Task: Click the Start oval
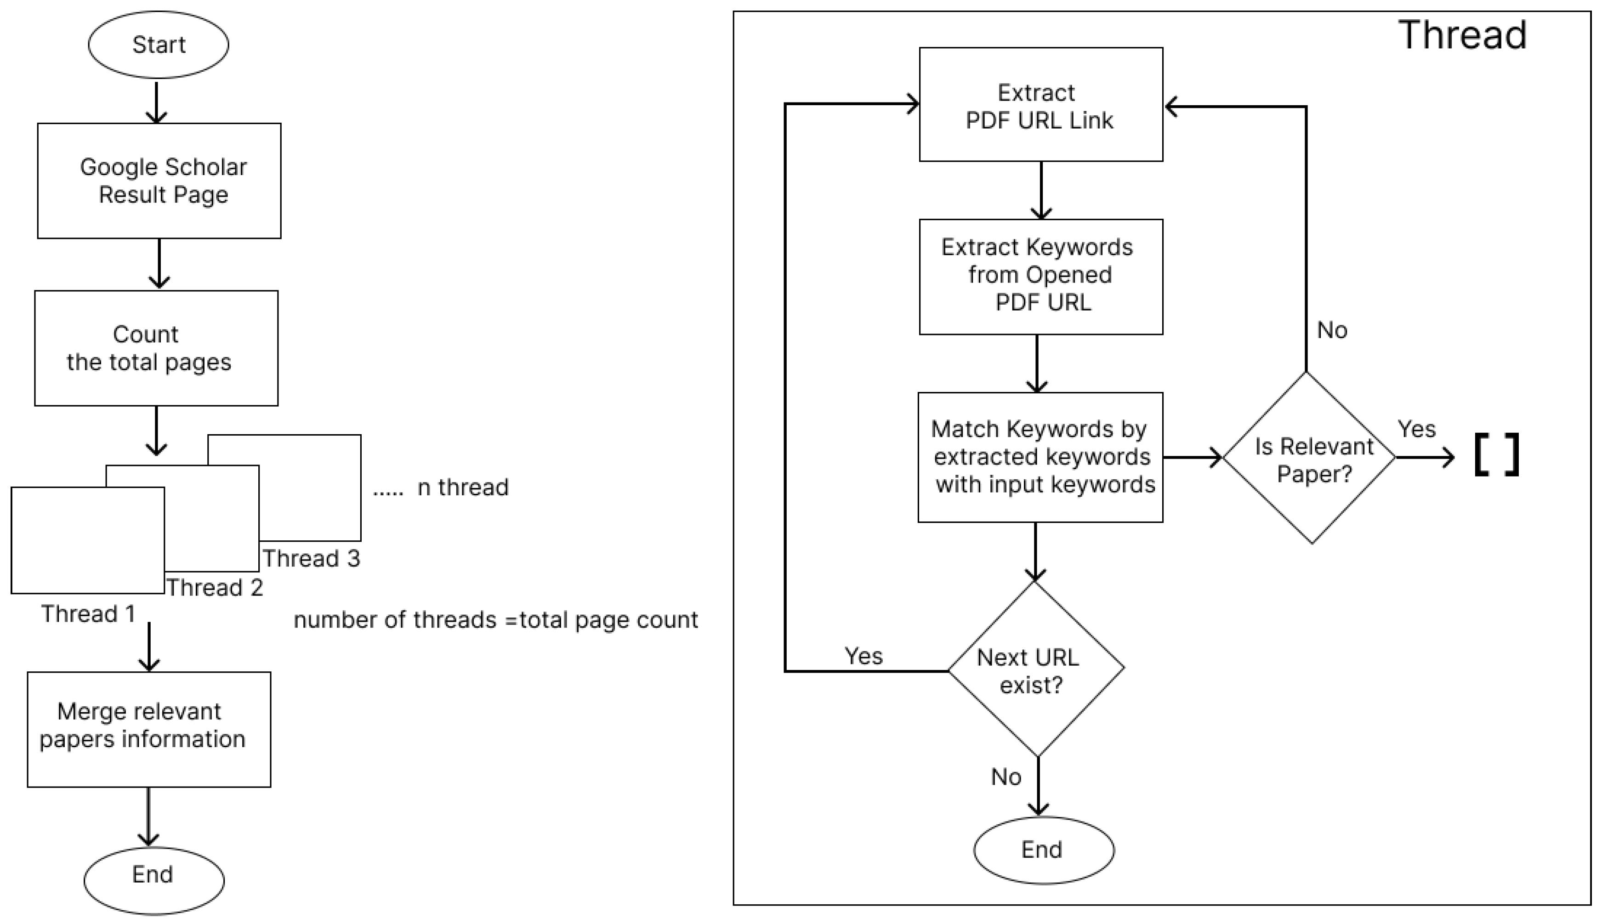click(158, 45)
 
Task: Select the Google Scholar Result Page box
click(159, 181)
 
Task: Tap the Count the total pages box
click(156, 348)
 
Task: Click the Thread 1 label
click(88, 614)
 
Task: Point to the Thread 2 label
click(215, 587)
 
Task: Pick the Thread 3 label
click(311, 558)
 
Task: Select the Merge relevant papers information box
click(148, 729)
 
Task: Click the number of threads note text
click(495, 619)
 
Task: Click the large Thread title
click(1462, 34)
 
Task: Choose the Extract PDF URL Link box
click(1041, 105)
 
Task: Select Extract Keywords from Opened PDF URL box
click(1041, 277)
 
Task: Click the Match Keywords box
click(1040, 457)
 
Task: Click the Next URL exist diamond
click(1036, 669)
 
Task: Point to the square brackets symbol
click(1497, 455)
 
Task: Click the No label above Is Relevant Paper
click(1332, 330)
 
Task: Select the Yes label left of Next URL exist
click(863, 656)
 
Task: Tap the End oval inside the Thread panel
click(1044, 849)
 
